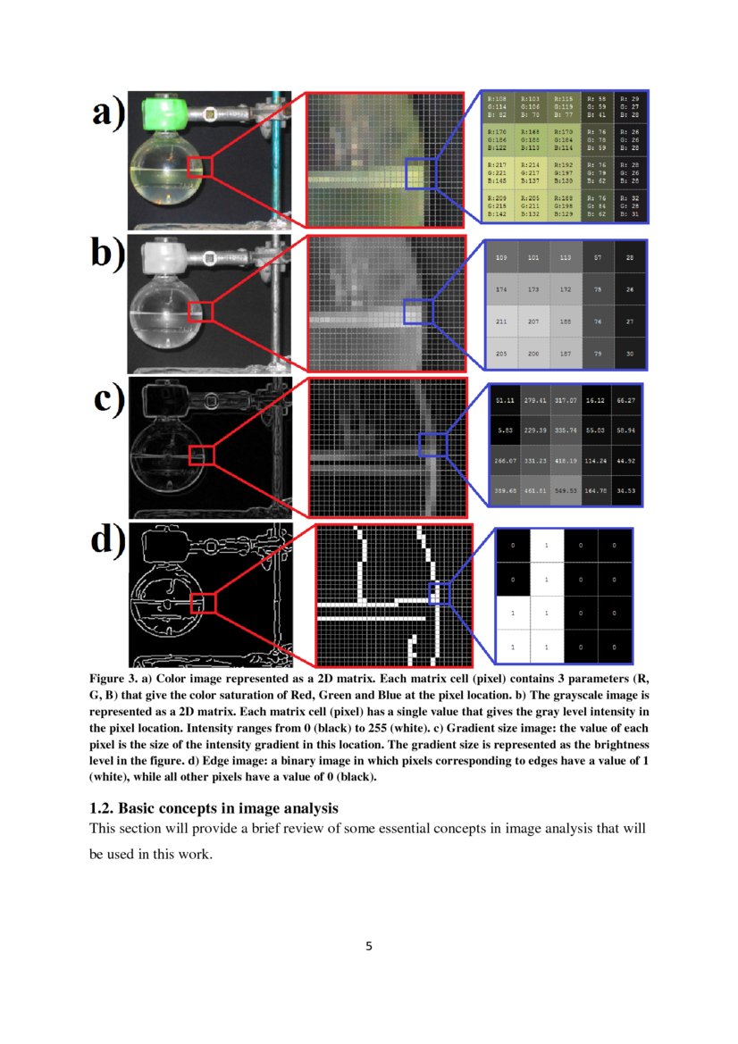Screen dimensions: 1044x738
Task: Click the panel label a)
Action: pyautogui.click(x=108, y=117)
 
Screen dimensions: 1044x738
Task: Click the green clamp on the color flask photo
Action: pyautogui.click(x=163, y=113)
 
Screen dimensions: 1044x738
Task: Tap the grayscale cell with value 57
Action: pyautogui.click(x=598, y=258)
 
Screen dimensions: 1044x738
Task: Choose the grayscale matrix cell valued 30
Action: pyautogui.click(x=631, y=354)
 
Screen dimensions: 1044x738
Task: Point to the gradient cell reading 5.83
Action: pyautogui.click(x=504, y=430)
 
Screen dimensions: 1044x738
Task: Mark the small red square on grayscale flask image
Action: pyautogui.click(x=201, y=310)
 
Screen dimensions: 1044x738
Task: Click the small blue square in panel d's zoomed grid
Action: pyautogui.click(x=436, y=592)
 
